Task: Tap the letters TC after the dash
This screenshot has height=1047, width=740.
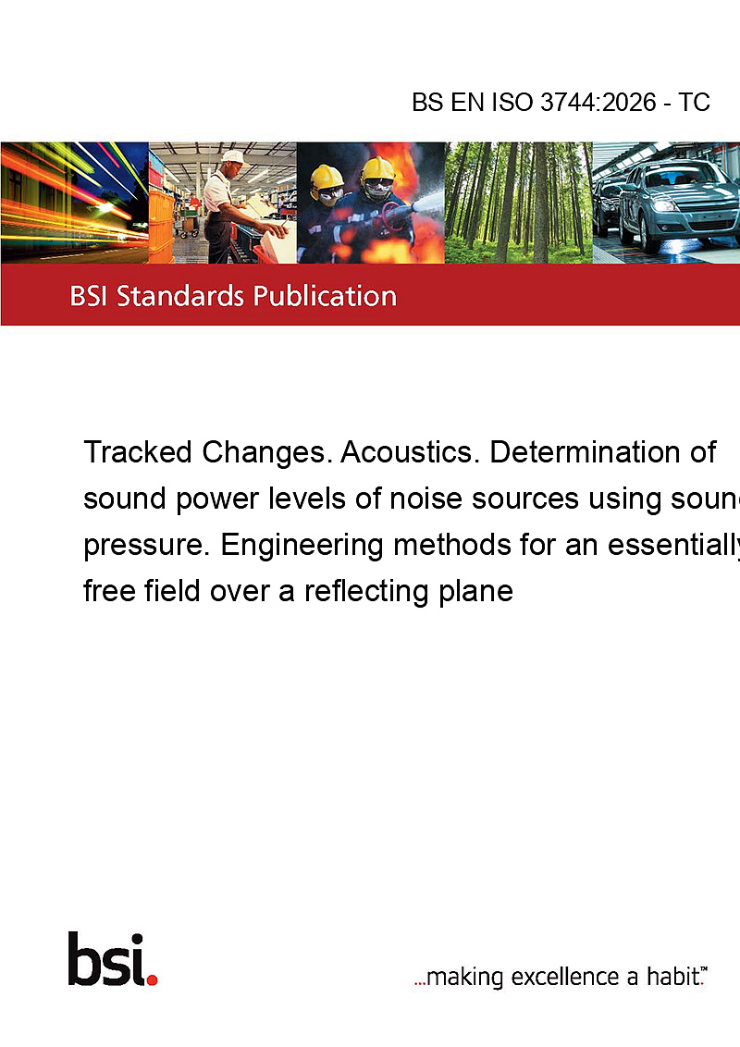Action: [694, 102]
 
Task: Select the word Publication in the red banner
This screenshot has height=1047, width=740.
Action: [325, 296]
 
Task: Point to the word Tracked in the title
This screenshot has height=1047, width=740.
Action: [138, 452]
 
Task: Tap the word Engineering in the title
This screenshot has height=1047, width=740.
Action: [302, 546]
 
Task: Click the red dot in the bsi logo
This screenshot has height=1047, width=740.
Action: [152, 979]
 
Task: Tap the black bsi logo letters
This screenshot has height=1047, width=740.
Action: [107, 959]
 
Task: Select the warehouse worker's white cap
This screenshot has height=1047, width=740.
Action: [234, 157]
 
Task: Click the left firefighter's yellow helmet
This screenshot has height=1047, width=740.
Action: [327, 178]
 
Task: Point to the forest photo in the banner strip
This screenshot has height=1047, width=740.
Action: [518, 203]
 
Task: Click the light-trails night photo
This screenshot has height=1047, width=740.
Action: [74, 203]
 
